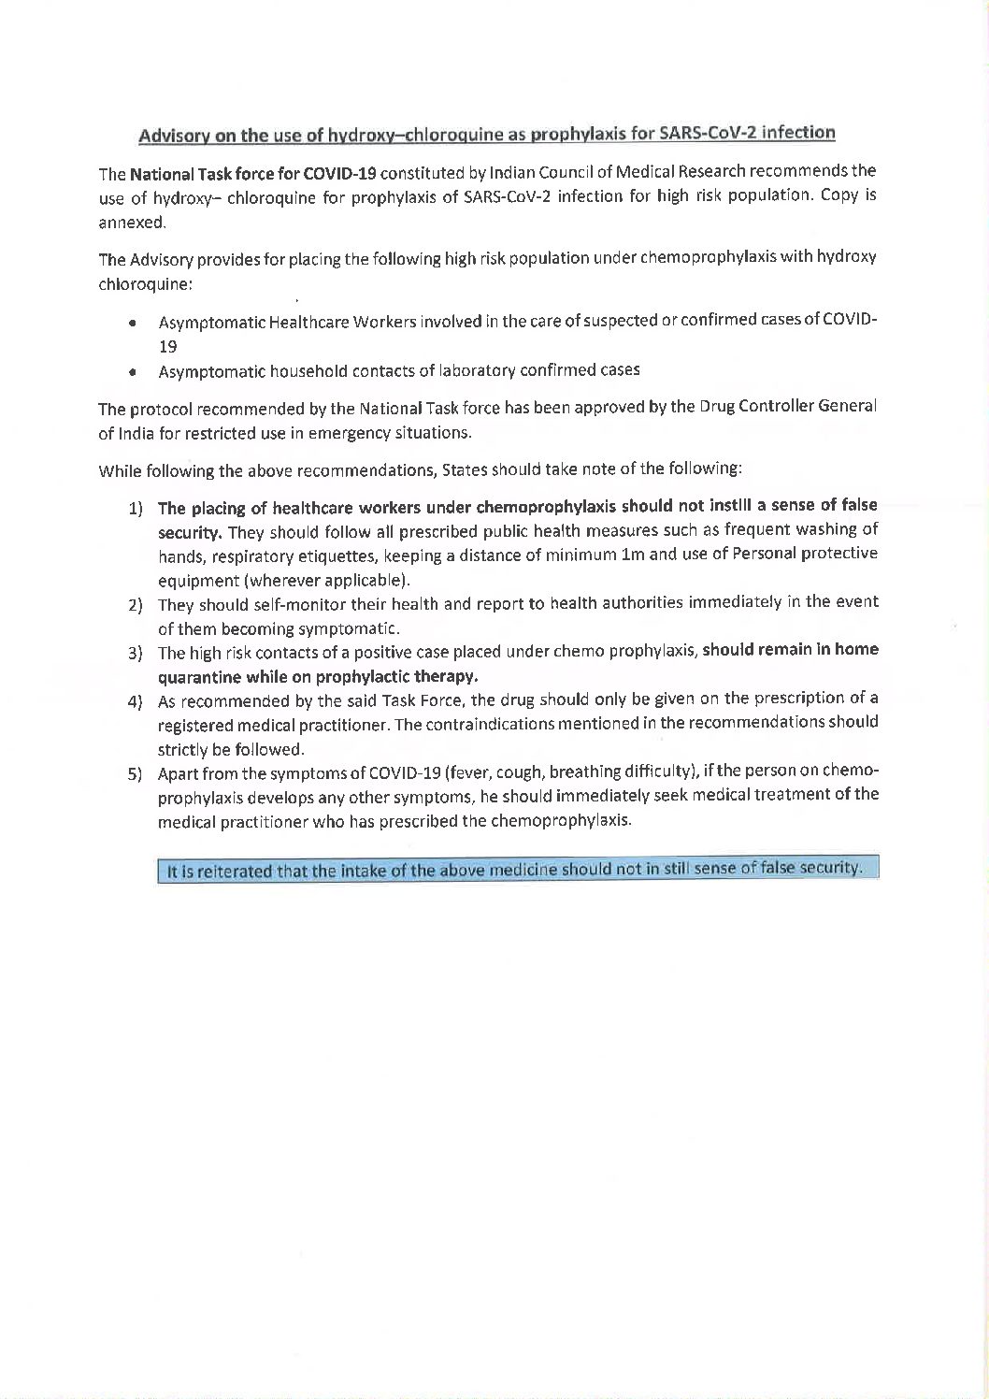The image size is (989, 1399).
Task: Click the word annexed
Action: coord(133,223)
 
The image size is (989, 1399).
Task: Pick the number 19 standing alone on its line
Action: coord(167,346)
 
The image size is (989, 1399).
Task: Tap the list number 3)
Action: coord(136,653)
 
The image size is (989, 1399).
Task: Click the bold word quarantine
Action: coord(196,676)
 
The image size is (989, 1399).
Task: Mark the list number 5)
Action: coord(136,774)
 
